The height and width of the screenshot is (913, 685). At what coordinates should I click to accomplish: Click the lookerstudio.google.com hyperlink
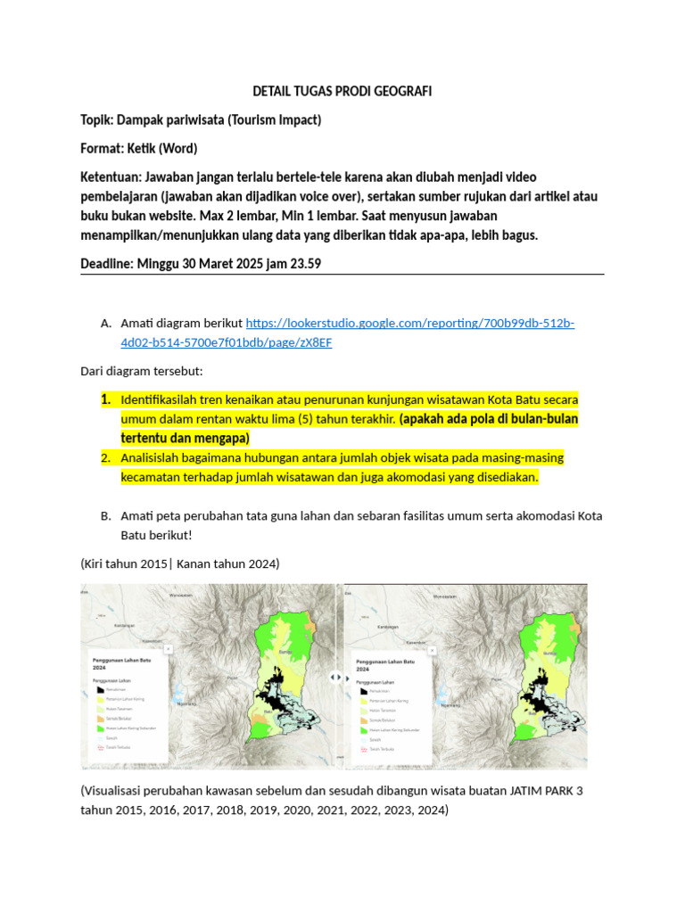[x=409, y=323]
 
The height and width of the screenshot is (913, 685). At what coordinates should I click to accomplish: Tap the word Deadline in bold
[x=107, y=264]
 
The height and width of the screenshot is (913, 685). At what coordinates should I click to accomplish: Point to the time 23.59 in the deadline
[x=301, y=264]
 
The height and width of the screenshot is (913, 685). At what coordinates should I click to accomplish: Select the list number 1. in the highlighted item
[x=106, y=399]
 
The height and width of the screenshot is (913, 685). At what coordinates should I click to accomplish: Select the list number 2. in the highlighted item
[x=106, y=457]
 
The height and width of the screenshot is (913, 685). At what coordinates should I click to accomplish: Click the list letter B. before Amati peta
[x=106, y=515]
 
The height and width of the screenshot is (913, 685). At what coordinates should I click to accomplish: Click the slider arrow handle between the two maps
[x=340, y=678]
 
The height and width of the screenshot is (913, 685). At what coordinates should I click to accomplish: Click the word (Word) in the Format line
[x=177, y=148]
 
